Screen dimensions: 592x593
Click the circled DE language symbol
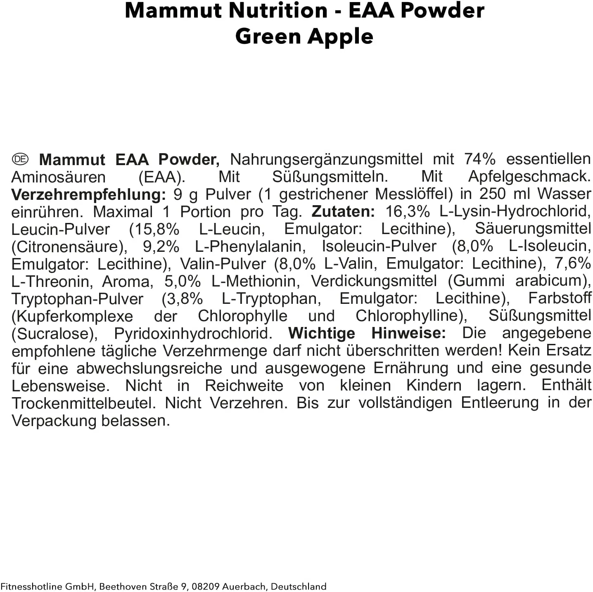click(x=20, y=159)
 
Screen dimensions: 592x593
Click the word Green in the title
click(x=268, y=36)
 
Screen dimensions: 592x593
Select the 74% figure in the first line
click(x=479, y=159)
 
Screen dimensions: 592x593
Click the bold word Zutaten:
click(x=343, y=211)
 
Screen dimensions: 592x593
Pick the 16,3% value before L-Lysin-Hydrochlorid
click(x=408, y=211)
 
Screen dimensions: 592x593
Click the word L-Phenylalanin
click(x=250, y=246)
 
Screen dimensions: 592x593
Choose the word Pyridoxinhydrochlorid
click(x=193, y=333)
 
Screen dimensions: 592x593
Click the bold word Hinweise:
click(x=408, y=333)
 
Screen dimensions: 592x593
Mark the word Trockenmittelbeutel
click(x=84, y=403)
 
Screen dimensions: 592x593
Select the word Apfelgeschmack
click(x=529, y=177)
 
